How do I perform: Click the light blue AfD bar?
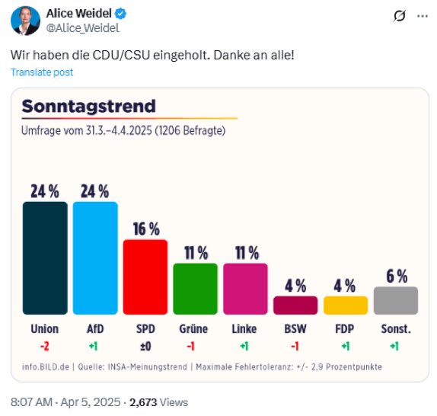94,258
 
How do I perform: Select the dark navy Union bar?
45,258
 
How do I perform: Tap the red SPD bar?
145,277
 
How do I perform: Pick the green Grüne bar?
195,289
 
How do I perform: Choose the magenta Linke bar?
245,289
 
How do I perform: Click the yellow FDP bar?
345,306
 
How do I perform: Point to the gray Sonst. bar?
396,300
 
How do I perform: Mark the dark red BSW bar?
295,306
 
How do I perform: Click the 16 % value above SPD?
145,229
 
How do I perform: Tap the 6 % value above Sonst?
396,277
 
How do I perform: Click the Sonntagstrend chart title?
88,106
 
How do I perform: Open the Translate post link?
42,72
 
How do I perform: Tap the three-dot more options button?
423,16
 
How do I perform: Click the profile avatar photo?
25,21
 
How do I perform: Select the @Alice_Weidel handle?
83,28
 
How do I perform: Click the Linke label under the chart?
245,330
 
